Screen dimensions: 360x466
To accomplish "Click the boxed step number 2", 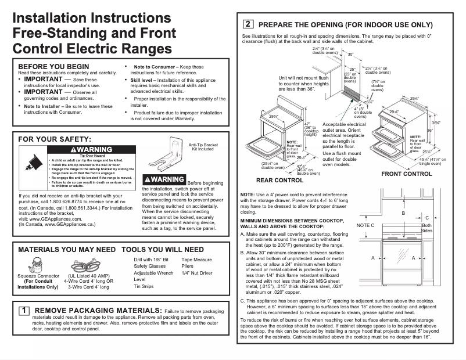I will pyautogui.click(x=248, y=24).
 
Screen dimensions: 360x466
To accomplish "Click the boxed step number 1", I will pyautogui.click(x=23, y=311).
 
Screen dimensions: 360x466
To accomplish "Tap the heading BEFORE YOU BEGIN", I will pyautogui.click(x=54, y=66).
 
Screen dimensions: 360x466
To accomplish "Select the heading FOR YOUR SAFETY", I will pyautogui.click(x=55, y=139).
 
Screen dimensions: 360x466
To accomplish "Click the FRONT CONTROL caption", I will pyautogui.click(x=406, y=174).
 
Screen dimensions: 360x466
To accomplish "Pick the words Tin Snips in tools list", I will pyautogui.click(x=144, y=286).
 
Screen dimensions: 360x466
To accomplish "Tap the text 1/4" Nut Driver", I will pyautogui.click(x=197, y=272).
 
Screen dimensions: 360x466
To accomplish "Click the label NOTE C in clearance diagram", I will pyautogui.click(x=365, y=225).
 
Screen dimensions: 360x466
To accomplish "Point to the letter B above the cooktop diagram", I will pyautogui.click(x=403, y=213).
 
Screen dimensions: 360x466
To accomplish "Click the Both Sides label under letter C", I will pyautogui.click(x=426, y=228).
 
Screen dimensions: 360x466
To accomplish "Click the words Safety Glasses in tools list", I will pyautogui.click(x=149, y=266).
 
